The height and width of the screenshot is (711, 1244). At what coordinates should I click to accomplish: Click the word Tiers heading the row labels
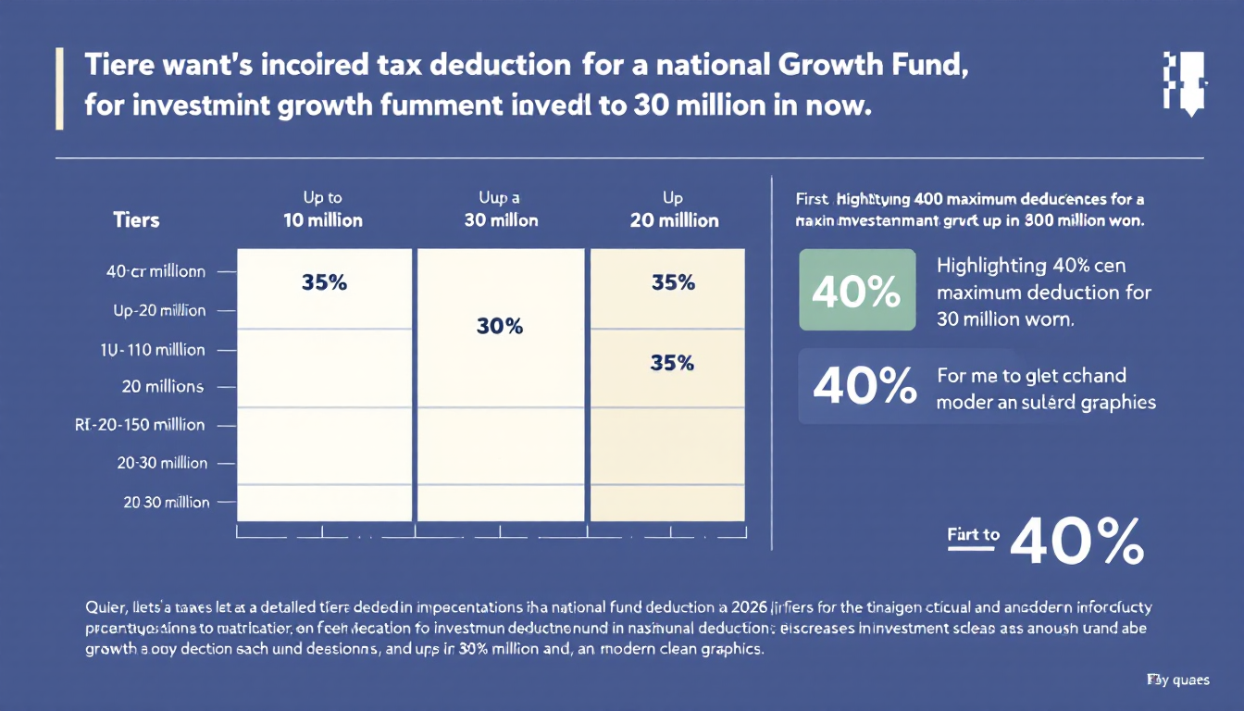(136, 220)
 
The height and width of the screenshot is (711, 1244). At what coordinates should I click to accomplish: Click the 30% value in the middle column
(500, 326)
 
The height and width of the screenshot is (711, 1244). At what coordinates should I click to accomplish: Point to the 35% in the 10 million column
(324, 283)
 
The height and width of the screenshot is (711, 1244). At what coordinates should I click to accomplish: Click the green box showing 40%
(857, 291)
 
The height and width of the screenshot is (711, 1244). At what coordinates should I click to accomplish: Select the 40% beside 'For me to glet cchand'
(857, 386)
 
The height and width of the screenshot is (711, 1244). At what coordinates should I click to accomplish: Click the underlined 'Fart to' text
(973, 534)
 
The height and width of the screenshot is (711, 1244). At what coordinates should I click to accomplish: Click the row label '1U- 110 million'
(154, 350)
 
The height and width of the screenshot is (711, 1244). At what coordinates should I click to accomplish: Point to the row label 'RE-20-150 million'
(140, 425)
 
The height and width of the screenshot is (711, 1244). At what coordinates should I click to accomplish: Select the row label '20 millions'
(162, 387)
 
